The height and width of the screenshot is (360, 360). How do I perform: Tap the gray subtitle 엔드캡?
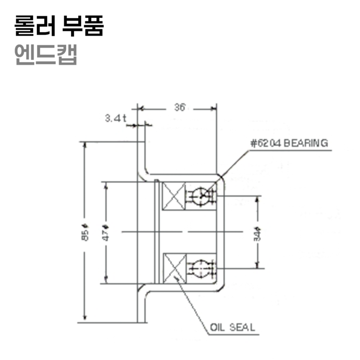(46, 54)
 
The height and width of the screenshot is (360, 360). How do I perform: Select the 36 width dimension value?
(180, 108)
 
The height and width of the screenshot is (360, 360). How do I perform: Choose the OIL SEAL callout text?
(232, 328)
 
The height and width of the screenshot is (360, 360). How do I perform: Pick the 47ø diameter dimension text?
(106, 232)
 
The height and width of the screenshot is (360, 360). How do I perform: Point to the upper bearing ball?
(201, 195)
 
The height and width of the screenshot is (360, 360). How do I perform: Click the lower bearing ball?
(201, 267)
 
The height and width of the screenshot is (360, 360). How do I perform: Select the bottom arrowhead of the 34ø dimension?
(258, 265)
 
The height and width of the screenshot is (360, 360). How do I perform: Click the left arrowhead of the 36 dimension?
(141, 108)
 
